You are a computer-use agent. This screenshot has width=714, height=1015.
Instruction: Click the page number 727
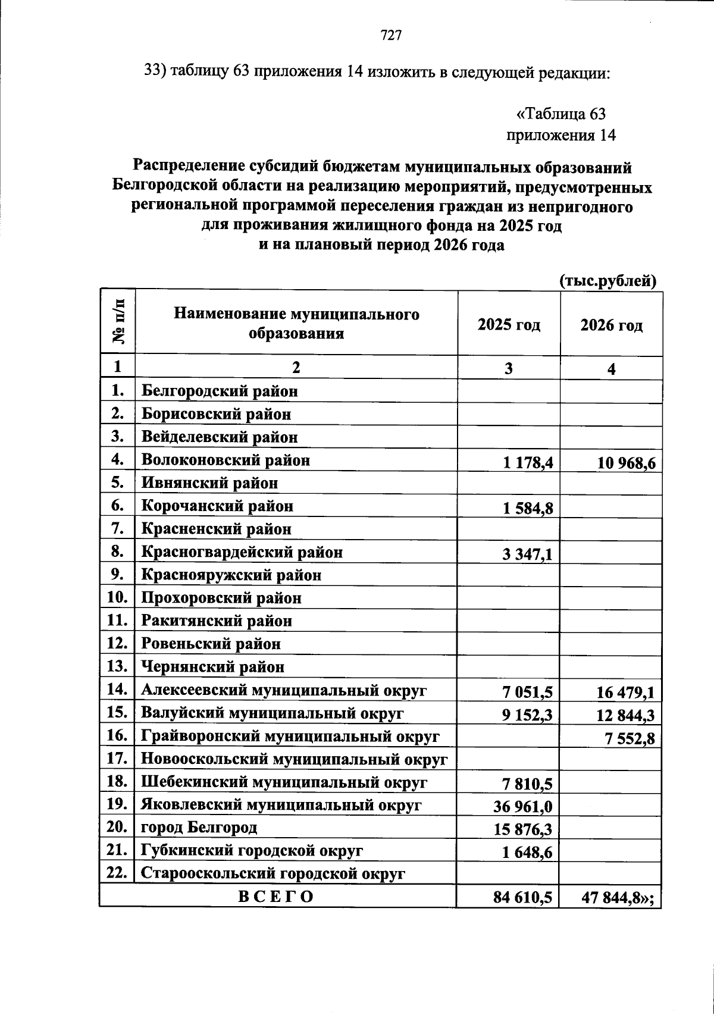tap(392, 36)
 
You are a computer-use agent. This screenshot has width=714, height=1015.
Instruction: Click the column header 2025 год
tap(509, 325)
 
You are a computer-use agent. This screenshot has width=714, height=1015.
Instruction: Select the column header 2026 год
tap(611, 325)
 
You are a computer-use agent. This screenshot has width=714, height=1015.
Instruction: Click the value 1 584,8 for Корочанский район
tap(527, 510)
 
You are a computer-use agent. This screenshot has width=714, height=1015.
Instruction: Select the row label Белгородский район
tap(219, 391)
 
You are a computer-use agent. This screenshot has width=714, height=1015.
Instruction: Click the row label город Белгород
tap(199, 828)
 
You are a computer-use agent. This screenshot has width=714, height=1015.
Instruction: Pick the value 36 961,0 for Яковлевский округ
tap(522, 807)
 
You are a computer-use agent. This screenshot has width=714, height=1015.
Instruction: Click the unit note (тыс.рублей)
tap(607, 281)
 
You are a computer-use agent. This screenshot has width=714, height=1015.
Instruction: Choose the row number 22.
tap(117, 873)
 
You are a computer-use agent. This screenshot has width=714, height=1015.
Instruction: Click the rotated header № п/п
tap(118, 322)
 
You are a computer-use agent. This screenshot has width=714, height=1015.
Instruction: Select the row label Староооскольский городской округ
tap(273, 874)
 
